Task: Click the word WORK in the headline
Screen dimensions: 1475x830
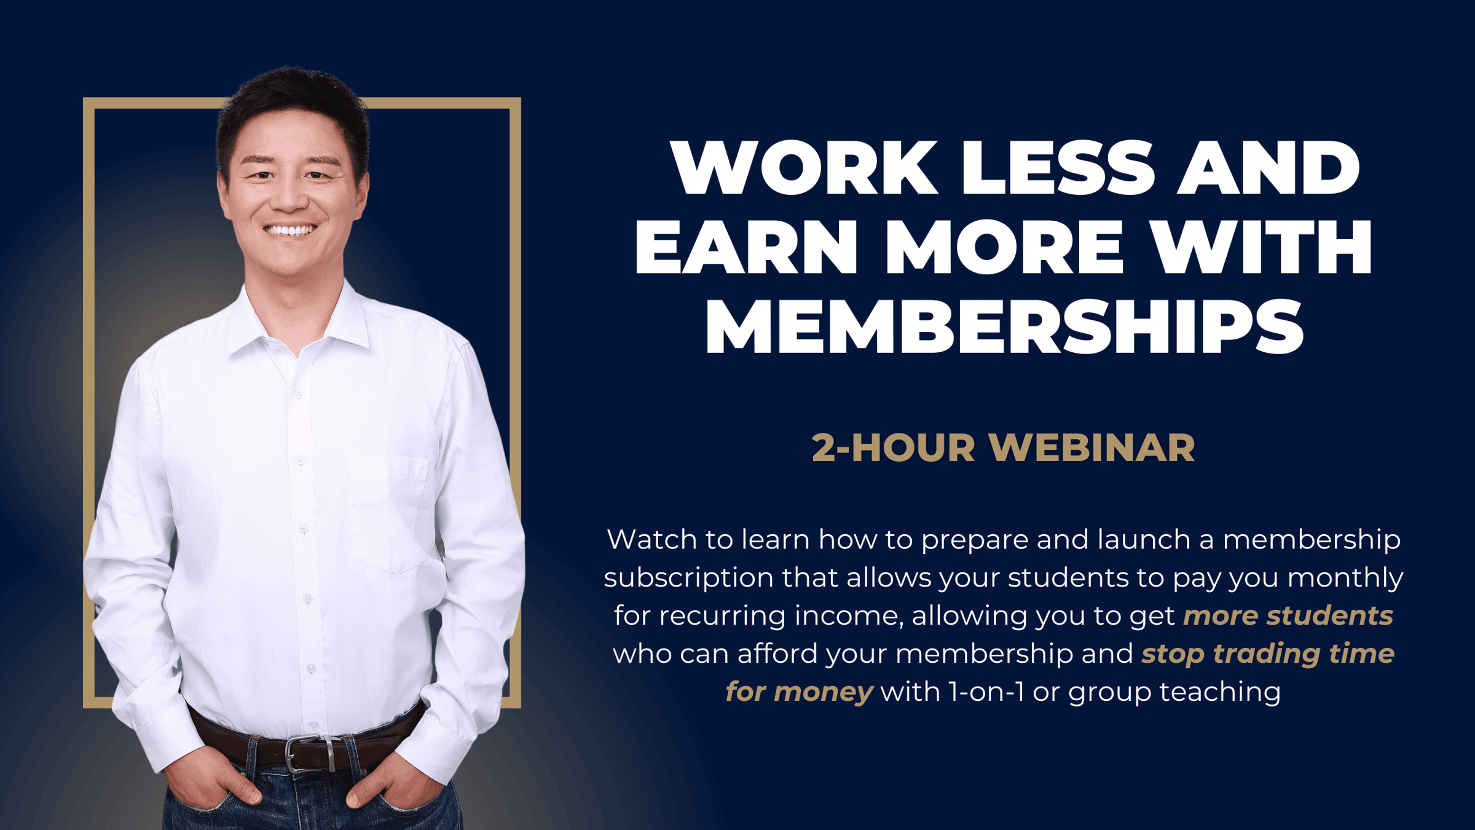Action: point(804,167)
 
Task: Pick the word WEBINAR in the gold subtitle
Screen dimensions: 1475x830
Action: point(1092,448)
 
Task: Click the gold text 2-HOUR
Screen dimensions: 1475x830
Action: point(893,448)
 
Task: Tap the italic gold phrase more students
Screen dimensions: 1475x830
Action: point(1288,615)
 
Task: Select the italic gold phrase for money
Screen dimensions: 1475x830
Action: point(799,692)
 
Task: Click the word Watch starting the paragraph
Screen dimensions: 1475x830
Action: point(651,539)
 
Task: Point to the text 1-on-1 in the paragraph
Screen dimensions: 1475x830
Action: point(986,692)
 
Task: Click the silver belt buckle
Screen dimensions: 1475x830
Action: point(311,754)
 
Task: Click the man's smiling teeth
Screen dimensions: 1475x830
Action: point(291,231)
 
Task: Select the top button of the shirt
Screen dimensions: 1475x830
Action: point(298,393)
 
